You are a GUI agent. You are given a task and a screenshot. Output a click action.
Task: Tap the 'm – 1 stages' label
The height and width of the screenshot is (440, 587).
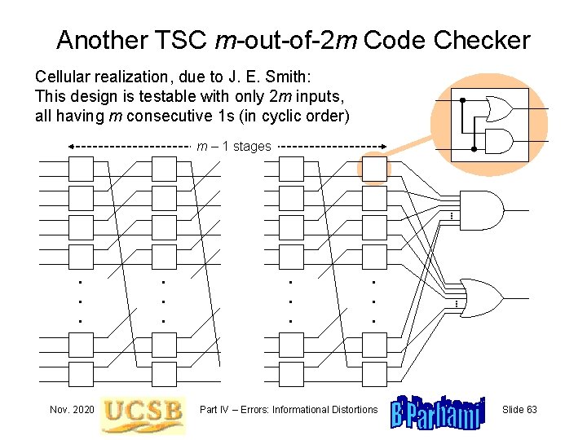pos(234,147)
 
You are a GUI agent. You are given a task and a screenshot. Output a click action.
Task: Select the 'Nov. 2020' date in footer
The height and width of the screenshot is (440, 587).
pos(70,409)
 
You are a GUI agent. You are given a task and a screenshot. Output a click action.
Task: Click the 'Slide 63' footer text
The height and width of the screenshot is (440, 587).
pos(519,409)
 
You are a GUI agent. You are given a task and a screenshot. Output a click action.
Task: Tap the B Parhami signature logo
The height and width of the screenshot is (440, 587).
pos(438,412)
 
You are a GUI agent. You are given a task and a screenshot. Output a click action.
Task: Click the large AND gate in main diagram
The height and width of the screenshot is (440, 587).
pos(481,212)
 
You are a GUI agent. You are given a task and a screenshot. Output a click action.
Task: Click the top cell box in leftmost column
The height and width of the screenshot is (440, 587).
pos(81,169)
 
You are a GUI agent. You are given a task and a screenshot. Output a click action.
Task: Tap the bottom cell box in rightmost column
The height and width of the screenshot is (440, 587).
pos(374,374)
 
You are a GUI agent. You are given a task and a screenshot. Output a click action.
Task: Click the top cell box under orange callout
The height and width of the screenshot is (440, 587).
pos(374,169)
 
